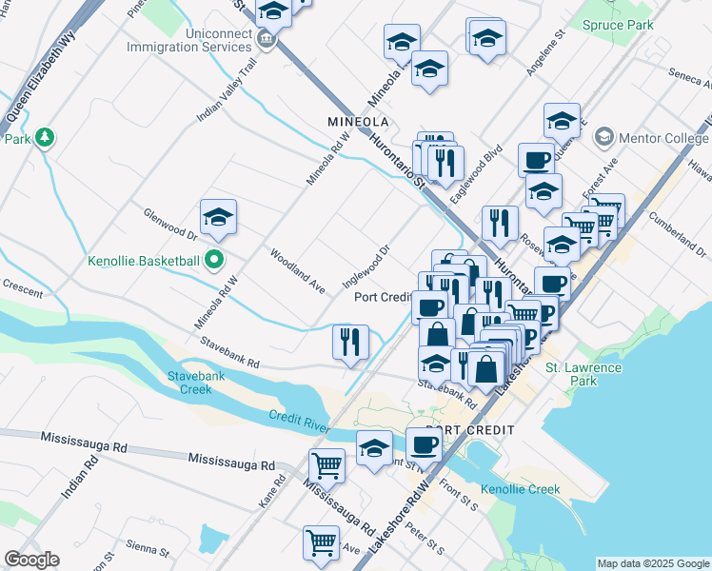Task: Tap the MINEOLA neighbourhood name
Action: coord(358,123)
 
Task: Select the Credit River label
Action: coord(298,420)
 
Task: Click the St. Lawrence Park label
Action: coord(583,374)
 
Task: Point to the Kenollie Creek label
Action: coord(520,489)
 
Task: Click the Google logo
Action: coord(31,560)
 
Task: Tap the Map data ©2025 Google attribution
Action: coord(653,563)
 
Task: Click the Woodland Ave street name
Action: coord(297,271)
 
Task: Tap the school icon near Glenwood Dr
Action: coord(218,217)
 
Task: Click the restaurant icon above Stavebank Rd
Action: coord(350,342)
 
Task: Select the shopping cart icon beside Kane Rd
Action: coord(326,465)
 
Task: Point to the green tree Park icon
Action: coord(43,139)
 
